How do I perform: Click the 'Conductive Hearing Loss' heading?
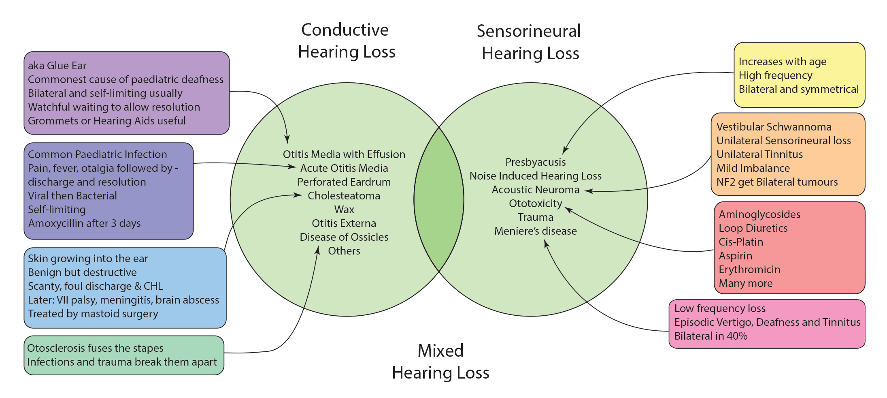coord(346,41)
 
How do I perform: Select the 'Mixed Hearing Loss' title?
coord(440,362)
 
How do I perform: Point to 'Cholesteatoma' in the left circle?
coord(344,196)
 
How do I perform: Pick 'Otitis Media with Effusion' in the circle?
coord(344,154)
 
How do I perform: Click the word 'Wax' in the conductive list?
coord(344,210)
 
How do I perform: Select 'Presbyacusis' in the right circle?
coord(535,162)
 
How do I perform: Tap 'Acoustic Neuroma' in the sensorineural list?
coord(535,190)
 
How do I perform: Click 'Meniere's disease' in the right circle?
coord(535,231)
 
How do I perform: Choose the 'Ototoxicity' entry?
coord(535,203)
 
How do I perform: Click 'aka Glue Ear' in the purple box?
coord(57,66)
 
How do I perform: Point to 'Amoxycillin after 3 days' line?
coord(84,223)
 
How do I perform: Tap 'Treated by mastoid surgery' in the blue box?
coord(93,314)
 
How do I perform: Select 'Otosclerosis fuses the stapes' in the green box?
coord(95,348)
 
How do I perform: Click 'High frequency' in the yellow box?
coord(775,75)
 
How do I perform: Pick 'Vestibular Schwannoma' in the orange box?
coord(774,127)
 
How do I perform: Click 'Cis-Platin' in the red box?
coord(740,242)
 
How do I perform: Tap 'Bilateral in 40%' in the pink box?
coord(710,336)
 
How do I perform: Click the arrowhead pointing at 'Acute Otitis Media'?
coord(293,167)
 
